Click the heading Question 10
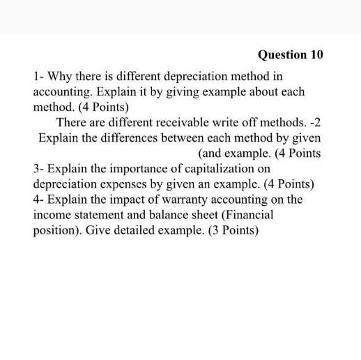(x=291, y=54)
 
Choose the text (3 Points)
(x=233, y=230)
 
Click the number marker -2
(x=314, y=122)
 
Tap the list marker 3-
(x=40, y=168)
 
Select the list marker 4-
(x=40, y=199)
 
